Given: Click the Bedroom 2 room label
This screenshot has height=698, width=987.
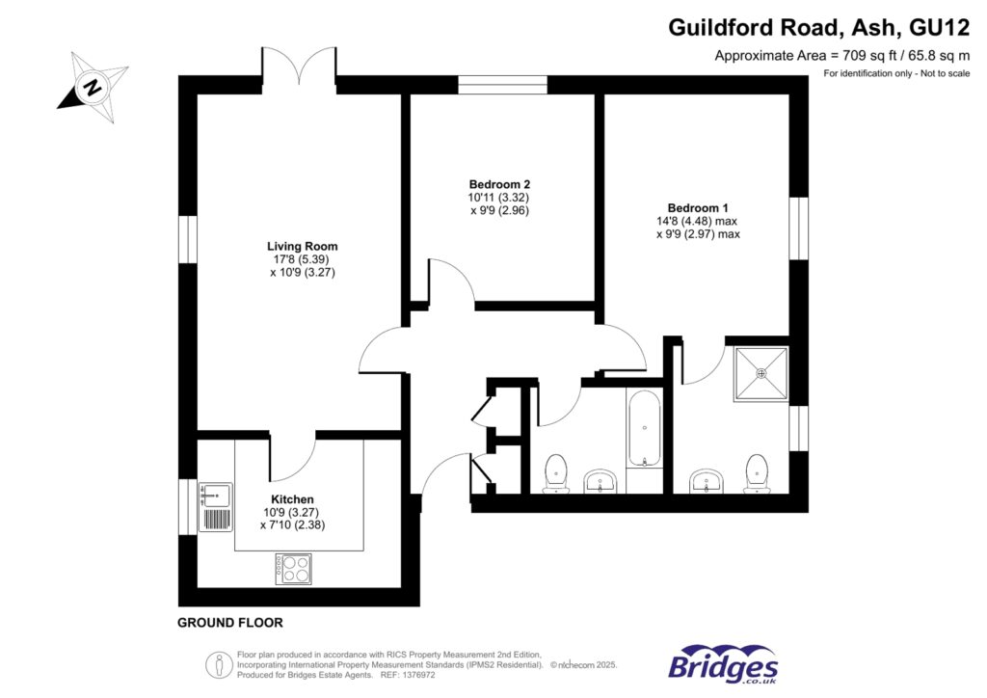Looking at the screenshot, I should [x=499, y=184].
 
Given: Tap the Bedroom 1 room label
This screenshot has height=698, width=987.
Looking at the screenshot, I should [x=698, y=208].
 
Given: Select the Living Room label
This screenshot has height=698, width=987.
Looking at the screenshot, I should [x=303, y=247].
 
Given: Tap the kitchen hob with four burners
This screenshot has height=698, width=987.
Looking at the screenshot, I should [x=294, y=566].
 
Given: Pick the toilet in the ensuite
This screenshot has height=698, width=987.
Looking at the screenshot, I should [x=758, y=471].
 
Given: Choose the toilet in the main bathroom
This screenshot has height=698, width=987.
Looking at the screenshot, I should [x=556, y=472].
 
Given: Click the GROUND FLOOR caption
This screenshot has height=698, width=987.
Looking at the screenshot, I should [x=230, y=623].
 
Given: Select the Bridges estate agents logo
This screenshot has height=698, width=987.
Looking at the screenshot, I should [x=723, y=664].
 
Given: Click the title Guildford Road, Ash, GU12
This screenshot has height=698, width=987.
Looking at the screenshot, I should [x=818, y=28].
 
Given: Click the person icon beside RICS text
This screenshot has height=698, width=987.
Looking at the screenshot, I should [x=220, y=664].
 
